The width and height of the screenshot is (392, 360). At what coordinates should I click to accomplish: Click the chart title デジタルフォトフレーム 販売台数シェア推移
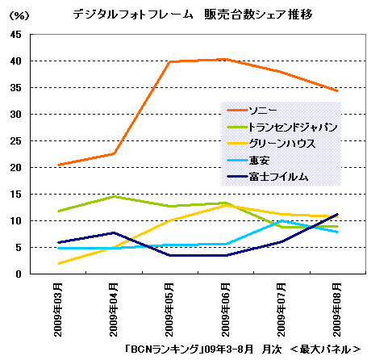coord(192,15)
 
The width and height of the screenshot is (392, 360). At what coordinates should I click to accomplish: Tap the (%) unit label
coord(19,15)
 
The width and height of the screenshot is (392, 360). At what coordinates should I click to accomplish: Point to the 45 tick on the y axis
coord(16,35)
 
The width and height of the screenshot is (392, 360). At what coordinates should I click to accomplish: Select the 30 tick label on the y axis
coord(16,115)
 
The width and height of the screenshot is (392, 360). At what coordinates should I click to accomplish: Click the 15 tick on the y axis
coord(16,195)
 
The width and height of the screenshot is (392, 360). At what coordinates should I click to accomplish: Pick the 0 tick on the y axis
coord(19,274)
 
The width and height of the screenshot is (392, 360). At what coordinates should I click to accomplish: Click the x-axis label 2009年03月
coord(58,309)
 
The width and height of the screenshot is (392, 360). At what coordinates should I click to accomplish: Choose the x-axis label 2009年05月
coord(169,309)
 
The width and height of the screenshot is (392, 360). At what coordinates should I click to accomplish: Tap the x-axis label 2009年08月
coord(337,309)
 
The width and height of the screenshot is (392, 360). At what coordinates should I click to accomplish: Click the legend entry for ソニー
coord(252,110)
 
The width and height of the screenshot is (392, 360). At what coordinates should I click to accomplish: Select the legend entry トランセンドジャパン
coord(282,127)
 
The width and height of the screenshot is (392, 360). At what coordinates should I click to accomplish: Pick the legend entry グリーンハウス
coord(271,144)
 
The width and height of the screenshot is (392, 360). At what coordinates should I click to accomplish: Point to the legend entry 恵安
coord(248,161)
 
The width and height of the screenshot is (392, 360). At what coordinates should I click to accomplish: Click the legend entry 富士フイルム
coord(268,177)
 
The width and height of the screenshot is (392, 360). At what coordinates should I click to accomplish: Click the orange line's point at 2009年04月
coord(114,154)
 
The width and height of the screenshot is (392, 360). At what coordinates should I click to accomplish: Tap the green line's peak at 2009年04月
coord(115,196)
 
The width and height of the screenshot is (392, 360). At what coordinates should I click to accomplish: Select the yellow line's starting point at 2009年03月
coord(59,263)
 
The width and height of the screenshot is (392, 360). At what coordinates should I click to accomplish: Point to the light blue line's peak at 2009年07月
coord(281,221)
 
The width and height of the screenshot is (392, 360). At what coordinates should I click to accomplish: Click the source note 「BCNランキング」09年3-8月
coord(189,350)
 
